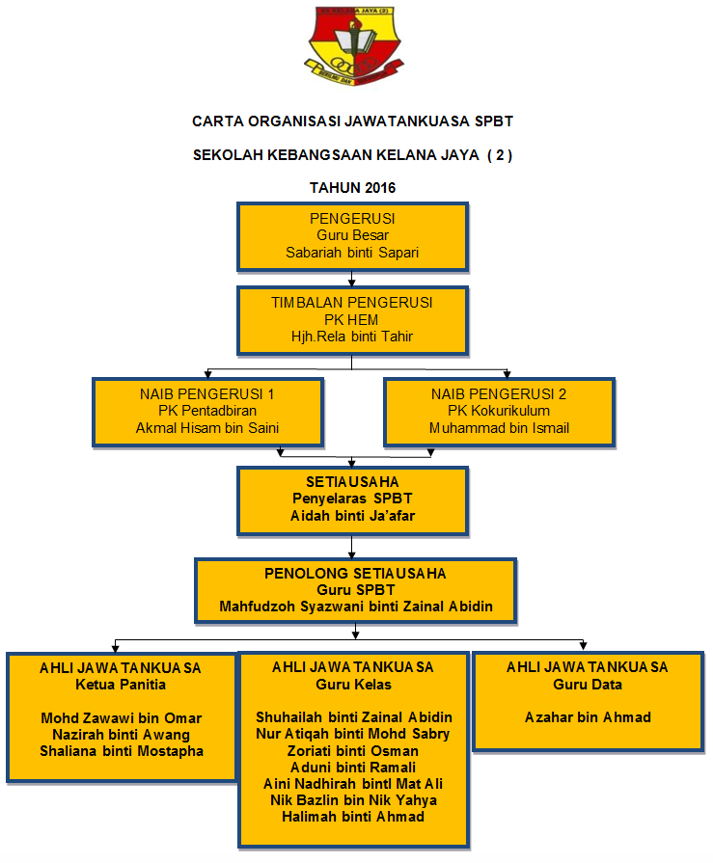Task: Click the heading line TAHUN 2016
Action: click(352, 187)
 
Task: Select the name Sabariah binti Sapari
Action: click(352, 253)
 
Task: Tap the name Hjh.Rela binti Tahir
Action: click(352, 337)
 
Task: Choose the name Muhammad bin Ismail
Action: click(500, 427)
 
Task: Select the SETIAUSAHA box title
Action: click(352, 481)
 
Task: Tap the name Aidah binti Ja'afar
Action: click(352, 516)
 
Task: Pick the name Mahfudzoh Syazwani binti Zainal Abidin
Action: click(356, 607)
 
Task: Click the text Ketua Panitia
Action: click(121, 685)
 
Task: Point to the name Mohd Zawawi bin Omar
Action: click(121, 717)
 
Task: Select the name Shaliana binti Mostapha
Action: click(122, 750)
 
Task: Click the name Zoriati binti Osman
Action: click(353, 750)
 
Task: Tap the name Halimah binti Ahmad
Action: click(353, 816)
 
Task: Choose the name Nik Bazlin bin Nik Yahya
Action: click(353, 799)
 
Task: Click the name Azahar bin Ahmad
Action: click(588, 717)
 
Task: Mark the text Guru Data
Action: click(588, 685)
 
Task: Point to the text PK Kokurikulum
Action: click(500, 411)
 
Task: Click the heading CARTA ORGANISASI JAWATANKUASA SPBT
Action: click(352, 121)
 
